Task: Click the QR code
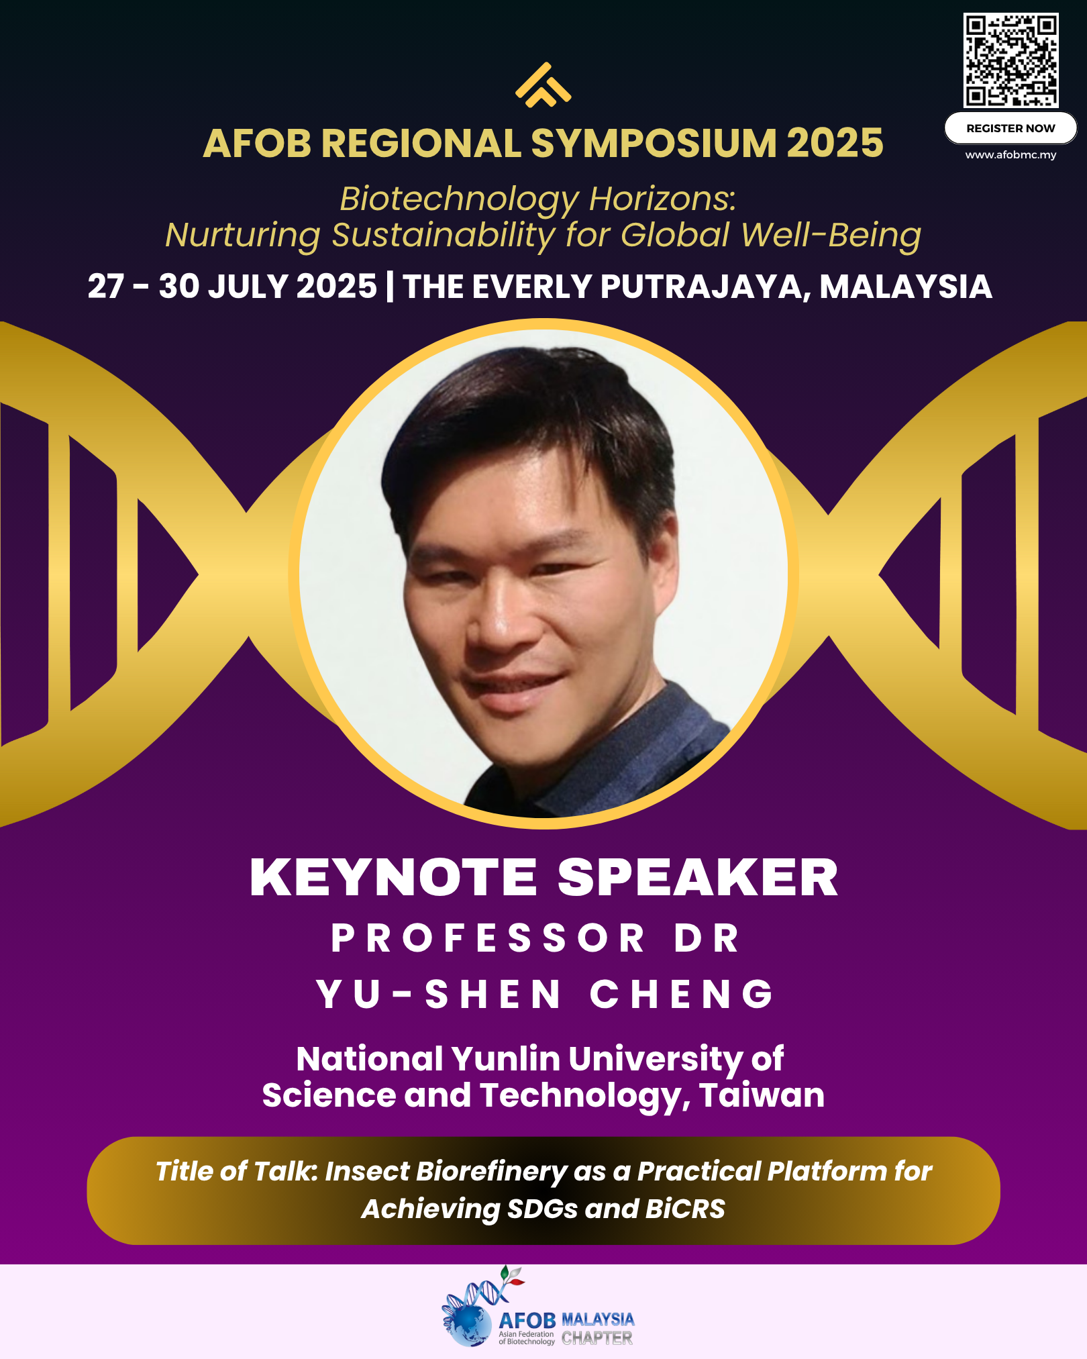(1011, 60)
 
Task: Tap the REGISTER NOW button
(1011, 128)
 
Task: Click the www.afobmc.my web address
(1011, 155)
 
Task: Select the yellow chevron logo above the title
(543, 85)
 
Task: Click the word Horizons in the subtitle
(662, 199)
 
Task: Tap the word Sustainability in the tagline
(444, 236)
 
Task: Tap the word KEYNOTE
(393, 877)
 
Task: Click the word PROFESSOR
(488, 938)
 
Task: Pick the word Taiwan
(762, 1095)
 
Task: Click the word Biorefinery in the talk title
(492, 1172)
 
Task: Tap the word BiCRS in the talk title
(686, 1209)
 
